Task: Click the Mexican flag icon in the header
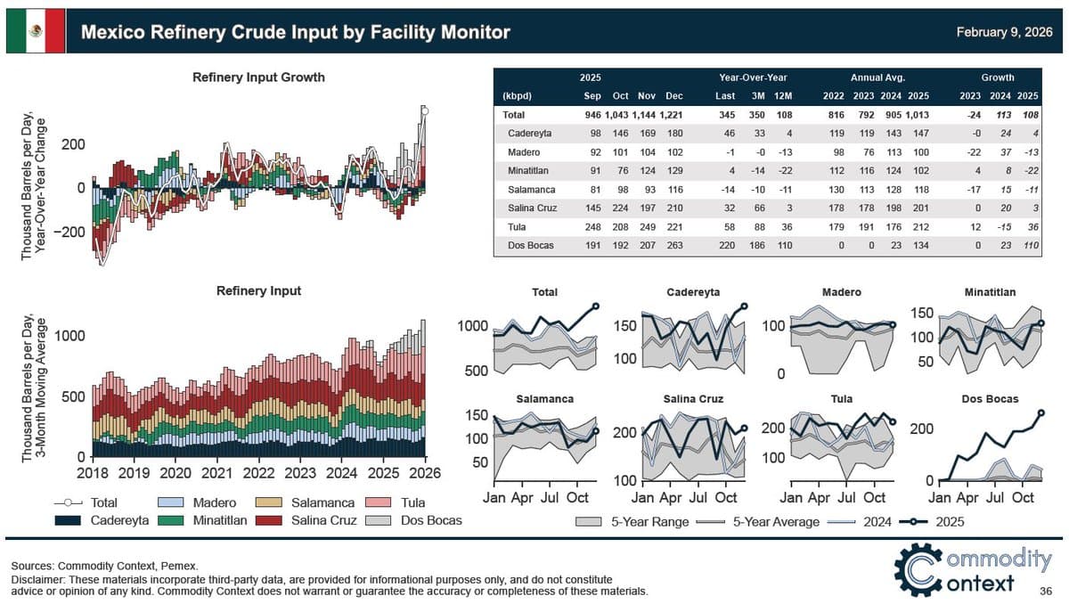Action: (x=36, y=32)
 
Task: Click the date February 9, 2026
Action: (x=1004, y=32)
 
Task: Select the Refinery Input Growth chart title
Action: (x=258, y=78)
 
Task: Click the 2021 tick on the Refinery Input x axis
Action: (x=217, y=472)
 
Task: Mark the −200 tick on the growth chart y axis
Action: (x=66, y=232)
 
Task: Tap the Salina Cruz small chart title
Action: (x=692, y=399)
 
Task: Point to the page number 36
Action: (x=1047, y=592)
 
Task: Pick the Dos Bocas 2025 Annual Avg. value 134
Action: (x=921, y=242)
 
